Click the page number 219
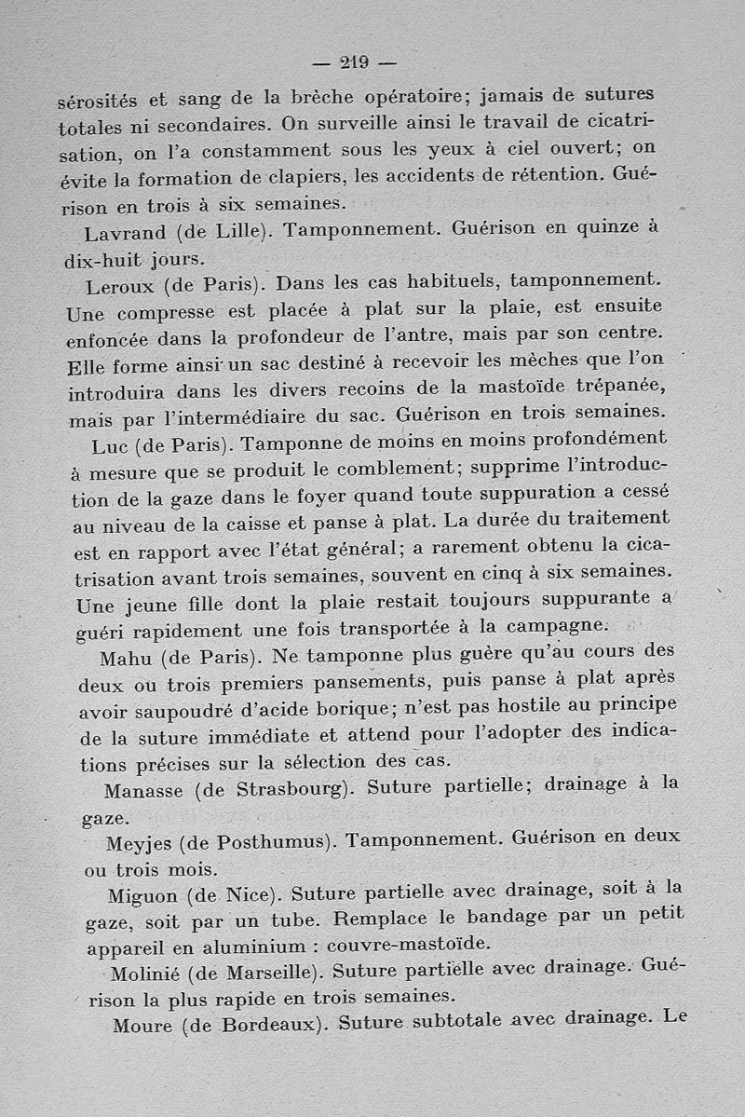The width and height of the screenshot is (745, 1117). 355,63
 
